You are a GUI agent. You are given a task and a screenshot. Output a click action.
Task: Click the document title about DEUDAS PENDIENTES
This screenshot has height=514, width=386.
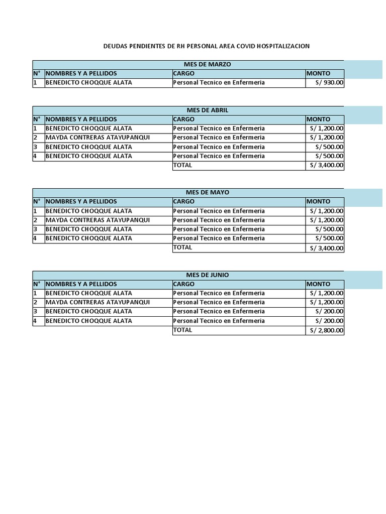coord(207,46)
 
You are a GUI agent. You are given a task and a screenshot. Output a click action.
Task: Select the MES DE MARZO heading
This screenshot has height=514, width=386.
coord(208,64)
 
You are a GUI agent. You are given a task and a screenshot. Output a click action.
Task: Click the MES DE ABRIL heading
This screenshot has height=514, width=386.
coord(207,110)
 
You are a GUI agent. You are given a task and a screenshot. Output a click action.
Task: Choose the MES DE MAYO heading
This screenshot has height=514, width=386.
coord(207,192)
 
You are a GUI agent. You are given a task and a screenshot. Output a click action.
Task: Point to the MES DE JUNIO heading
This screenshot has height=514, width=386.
coord(207,275)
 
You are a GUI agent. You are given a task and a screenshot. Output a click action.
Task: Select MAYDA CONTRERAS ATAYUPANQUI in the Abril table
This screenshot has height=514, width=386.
coord(98,138)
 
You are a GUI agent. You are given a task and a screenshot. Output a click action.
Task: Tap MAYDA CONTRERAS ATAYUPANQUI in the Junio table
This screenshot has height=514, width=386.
coord(98,302)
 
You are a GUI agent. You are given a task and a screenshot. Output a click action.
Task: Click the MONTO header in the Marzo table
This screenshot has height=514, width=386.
coord(319,73)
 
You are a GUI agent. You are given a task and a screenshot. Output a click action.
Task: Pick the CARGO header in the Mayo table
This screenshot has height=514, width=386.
coord(183,202)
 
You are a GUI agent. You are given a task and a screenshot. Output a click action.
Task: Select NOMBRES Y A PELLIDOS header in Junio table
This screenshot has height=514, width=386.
coord(81,284)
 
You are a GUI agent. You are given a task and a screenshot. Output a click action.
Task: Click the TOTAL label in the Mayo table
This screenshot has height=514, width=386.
coord(182,247)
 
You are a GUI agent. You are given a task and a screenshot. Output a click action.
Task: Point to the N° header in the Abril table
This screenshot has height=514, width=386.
coord(37,119)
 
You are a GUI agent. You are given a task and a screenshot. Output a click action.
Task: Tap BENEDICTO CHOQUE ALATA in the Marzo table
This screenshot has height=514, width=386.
coord(89,83)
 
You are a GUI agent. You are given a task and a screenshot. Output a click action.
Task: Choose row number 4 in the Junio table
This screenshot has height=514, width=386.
coord(35,321)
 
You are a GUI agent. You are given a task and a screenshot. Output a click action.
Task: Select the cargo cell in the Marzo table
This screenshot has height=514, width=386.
coord(219,83)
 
